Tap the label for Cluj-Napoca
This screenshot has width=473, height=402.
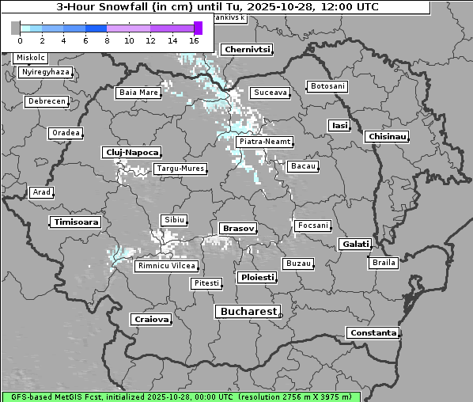click(132, 152)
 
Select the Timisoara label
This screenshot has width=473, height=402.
click(77, 222)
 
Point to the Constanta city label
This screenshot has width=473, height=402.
click(373, 333)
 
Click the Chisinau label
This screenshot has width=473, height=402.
click(388, 137)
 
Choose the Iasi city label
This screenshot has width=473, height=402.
click(339, 125)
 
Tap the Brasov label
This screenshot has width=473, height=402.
click(238, 228)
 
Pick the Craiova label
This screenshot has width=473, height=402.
click(151, 319)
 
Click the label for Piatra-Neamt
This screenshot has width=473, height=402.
click(264, 142)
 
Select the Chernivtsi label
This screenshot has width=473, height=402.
click(248, 49)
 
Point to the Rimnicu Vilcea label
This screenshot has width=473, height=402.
click(165, 266)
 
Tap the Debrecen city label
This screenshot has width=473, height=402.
click(46, 101)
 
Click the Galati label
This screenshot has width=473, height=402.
click(355, 245)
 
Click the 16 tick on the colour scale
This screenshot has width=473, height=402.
click(195, 40)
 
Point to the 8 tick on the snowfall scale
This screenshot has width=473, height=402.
click(107, 40)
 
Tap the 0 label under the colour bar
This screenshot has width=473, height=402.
click(19, 40)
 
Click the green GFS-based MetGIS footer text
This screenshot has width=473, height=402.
click(180, 396)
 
